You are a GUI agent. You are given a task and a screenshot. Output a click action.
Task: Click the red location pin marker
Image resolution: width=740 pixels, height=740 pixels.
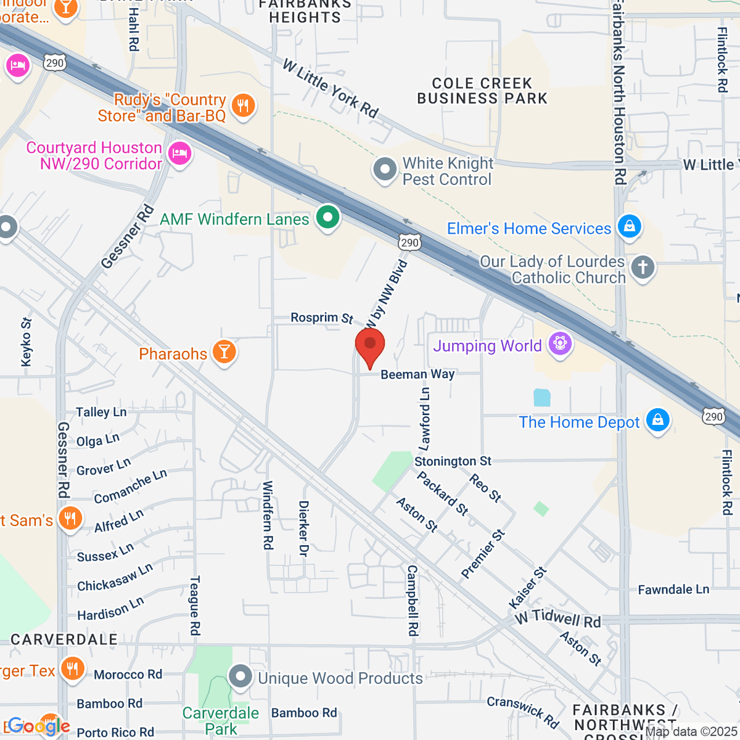[370, 345]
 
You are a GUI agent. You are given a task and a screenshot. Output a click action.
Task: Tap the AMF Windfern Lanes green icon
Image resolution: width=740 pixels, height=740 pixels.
[328, 218]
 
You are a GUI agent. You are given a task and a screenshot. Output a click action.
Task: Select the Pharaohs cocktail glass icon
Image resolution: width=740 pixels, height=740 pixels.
[224, 352]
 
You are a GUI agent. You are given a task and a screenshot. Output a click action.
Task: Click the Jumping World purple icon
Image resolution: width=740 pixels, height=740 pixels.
[560, 343]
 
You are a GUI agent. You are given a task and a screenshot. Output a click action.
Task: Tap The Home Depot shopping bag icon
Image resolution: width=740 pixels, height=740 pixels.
[657, 421]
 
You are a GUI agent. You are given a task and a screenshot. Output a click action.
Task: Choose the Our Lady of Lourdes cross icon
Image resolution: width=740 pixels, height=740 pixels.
[643, 268]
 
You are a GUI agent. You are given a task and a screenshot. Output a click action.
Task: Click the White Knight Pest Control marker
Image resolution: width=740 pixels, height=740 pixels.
[385, 169]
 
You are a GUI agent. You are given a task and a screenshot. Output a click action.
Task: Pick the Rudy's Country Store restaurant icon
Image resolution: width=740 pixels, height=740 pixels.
[244, 105]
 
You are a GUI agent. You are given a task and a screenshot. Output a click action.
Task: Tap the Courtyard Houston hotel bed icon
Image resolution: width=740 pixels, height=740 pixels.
[179, 153]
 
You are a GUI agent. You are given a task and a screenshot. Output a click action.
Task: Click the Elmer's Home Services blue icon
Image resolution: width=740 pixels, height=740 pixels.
[629, 226]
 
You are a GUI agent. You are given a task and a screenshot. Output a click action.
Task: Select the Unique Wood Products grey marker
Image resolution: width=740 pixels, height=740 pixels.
[240, 676]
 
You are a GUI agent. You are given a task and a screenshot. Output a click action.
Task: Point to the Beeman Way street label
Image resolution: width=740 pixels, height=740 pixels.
[417, 374]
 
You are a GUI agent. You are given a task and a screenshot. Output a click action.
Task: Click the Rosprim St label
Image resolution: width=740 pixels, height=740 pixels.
[322, 318]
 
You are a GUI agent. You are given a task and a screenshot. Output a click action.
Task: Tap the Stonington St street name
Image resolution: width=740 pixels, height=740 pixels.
[453, 461]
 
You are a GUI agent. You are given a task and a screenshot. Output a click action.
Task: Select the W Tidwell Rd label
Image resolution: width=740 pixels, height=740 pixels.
[558, 619]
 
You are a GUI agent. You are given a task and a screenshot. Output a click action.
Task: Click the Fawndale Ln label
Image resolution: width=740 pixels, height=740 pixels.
[673, 590]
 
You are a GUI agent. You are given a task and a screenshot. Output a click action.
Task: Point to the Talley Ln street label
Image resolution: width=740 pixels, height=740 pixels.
[101, 412]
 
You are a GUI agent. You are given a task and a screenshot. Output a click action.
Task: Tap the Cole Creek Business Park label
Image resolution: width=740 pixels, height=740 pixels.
[482, 91]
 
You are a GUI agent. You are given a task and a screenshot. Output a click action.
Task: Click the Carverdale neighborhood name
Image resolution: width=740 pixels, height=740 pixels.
[64, 639]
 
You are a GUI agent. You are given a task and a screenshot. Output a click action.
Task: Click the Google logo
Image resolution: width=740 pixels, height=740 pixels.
[39, 726]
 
